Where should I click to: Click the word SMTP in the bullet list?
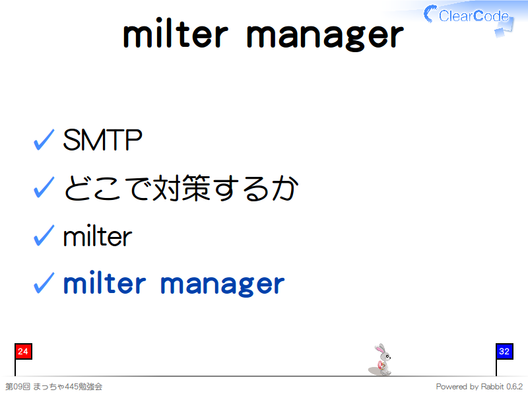[x=102, y=140]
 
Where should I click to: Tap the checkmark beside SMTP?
[x=44, y=139]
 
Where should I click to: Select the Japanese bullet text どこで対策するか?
[x=181, y=188]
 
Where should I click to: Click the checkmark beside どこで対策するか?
[x=44, y=187]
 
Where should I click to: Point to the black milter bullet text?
[x=98, y=236]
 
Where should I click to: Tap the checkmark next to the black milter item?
[x=44, y=235]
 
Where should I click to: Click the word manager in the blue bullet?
[x=222, y=284]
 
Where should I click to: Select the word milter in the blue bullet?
[x=105, y=282]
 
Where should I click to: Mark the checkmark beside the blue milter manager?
[x=44, y=283]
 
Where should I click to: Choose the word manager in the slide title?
[x=325, y=37]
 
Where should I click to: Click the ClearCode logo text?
[x=473, y=16]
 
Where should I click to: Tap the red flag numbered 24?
[x=23, y=352]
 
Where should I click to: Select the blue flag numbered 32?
[x=504, y=352]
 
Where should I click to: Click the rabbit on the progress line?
[x=381, y=360]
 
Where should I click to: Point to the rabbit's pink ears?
[x=380, y=349]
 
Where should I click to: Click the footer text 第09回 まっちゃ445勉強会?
[x=54, y=387]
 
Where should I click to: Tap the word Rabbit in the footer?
[x=492, y=387]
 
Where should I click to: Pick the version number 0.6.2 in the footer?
[x=515, y=387]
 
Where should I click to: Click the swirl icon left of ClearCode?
[x=430, y=14]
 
